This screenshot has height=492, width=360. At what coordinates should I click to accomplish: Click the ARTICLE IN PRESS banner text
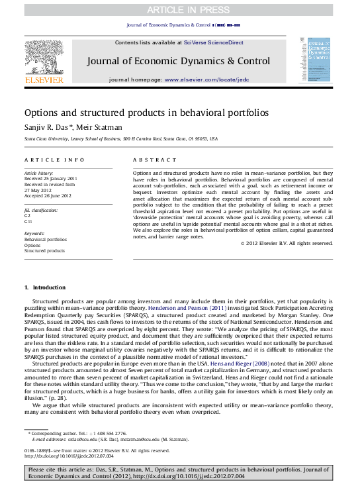(x=179, y=10)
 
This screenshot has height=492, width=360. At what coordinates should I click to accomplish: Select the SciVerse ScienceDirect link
(x=213, y=42)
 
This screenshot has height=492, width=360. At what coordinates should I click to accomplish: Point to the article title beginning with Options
(x=146, y=113)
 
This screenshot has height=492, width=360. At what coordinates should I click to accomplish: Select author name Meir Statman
(x=99, y=126)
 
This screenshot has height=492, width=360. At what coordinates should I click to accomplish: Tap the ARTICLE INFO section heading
(x=54, y=160)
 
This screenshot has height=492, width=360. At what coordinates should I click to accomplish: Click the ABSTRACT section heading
(x=155, y=160)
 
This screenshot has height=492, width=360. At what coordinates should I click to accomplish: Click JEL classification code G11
(x=28, y=221)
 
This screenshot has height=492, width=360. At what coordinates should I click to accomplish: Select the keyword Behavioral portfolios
(x=46, y=239)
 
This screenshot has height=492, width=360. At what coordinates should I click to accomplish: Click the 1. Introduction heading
(x=45, y=287)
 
